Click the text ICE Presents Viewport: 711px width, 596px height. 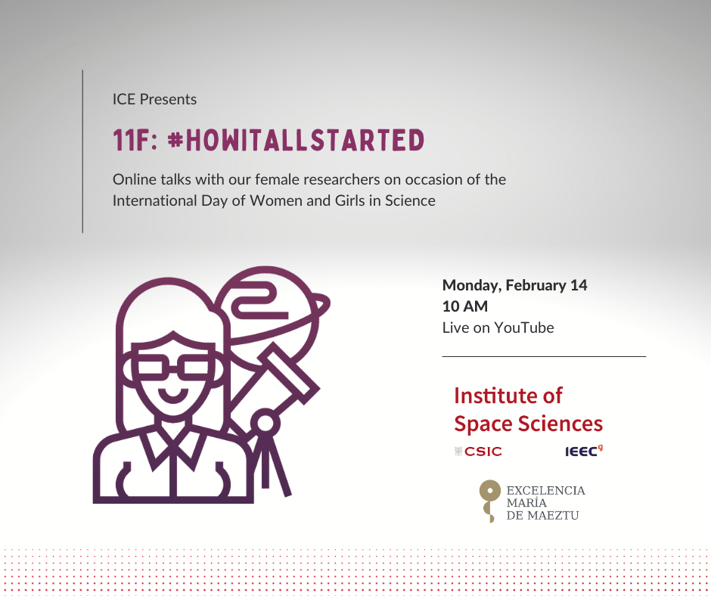tap(154, 99)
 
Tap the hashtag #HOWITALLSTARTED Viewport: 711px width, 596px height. tap(296, 140)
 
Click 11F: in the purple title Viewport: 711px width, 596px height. tap(135, 140)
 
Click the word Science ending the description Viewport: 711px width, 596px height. tap(410, 200)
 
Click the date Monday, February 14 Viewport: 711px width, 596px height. tap(514, 285)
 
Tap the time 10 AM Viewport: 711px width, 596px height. tap(465, 306)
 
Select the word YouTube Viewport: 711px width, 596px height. tap(523, 327)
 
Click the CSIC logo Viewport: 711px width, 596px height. tap(478, 452)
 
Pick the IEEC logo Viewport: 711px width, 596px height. tap(584, 451)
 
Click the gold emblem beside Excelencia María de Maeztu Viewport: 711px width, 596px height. tap(489, 501)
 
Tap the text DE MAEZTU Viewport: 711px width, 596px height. tap(542, 516)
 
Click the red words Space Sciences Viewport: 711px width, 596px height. tap(528, 424)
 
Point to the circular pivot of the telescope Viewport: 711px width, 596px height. tap(265, 424)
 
